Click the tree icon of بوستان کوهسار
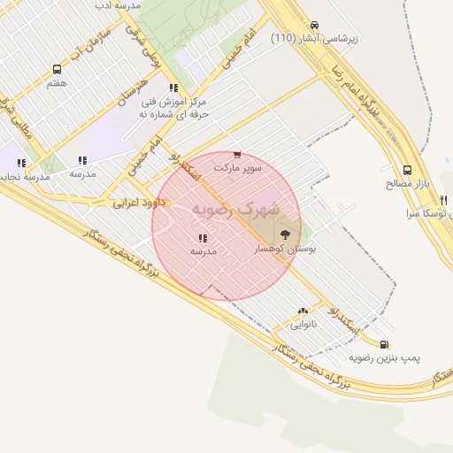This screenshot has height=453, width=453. (285, 235)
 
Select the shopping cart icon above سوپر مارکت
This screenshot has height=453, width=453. (236, 155)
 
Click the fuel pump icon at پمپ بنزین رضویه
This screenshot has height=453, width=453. (383, 344)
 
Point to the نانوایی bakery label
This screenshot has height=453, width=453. (303, 324)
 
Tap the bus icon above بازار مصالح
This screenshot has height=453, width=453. (407, 170)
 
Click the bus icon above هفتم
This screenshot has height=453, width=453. (58, 69)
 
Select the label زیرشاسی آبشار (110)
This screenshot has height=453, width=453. (314, 39)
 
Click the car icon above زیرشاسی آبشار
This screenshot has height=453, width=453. (315, 25)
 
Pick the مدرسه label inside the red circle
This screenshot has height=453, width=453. (203, 251)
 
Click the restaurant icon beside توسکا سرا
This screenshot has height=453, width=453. (444, 201)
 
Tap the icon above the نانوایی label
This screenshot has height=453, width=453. (303, 311)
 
